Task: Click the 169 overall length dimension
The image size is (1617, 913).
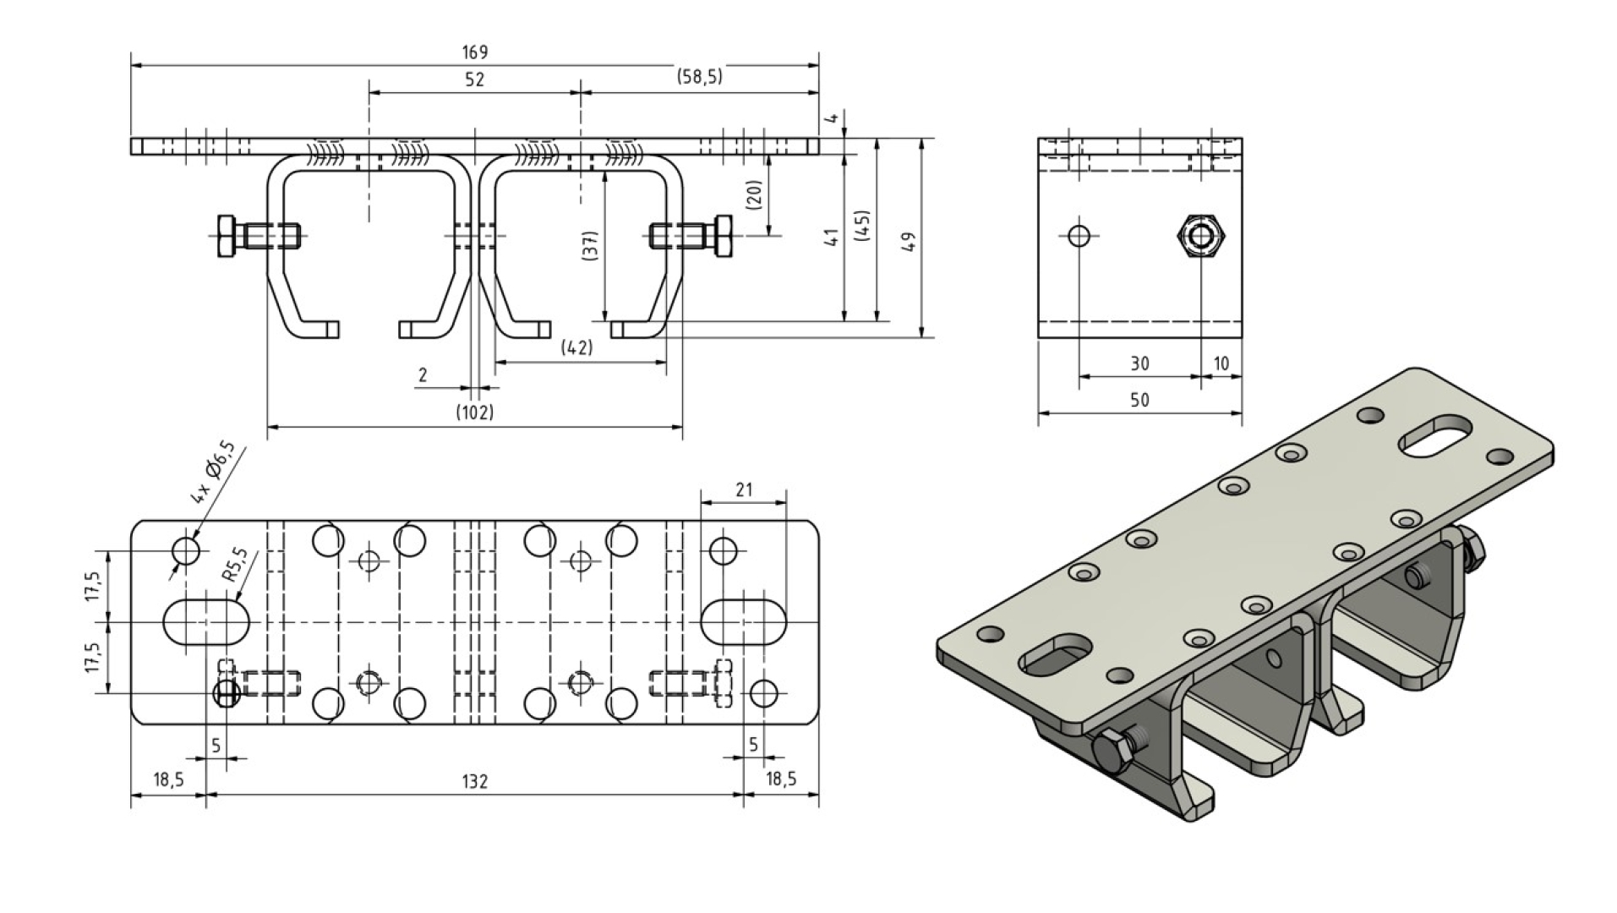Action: click(474, 52)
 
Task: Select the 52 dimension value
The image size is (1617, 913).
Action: click(474, 79)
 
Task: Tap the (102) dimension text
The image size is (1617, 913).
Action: click(474, 413)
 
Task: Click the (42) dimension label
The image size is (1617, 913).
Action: click(576, 347)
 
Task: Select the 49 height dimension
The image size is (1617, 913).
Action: click(908, 240)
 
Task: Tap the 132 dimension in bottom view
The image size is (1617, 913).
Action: click(474, 782)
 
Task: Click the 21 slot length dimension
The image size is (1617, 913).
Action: click(744, 489)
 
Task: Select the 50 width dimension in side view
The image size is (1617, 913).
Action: click(1139, 400)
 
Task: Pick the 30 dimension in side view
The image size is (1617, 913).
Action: click(1139, 364)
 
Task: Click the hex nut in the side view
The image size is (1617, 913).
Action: click(1199, 236)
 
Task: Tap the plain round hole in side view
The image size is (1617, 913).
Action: click(1079, 235)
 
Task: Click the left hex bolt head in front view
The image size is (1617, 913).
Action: click(227, 237)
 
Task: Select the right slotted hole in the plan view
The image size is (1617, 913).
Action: click(743, 622)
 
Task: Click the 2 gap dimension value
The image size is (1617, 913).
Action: click(423, 374)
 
